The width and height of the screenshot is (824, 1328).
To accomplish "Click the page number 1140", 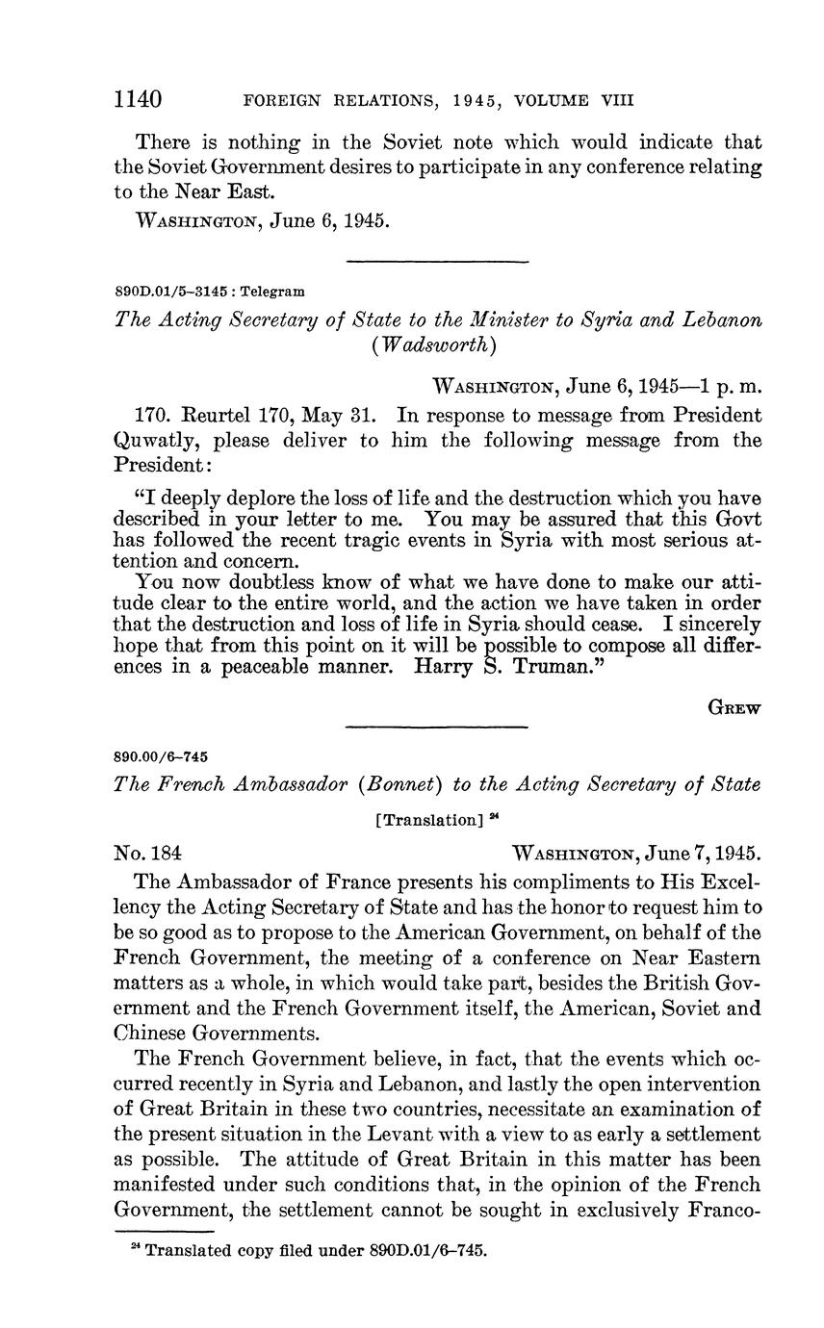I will coord(137,99).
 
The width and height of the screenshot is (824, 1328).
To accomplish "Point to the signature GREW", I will coord(734,707).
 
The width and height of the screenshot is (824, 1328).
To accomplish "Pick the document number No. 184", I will coord(148,853).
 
